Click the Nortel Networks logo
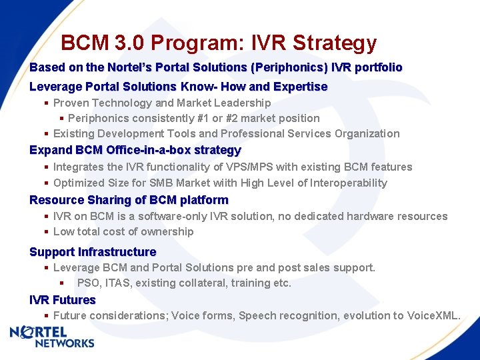tap(52, 337)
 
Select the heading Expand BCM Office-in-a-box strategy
tap(135, 150)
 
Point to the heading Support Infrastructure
tap(93, 252)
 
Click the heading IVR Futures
tap(63, 300)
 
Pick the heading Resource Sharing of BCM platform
tap(129, 200)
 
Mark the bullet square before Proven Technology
tap(46, 103)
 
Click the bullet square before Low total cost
tap(46, 232)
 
